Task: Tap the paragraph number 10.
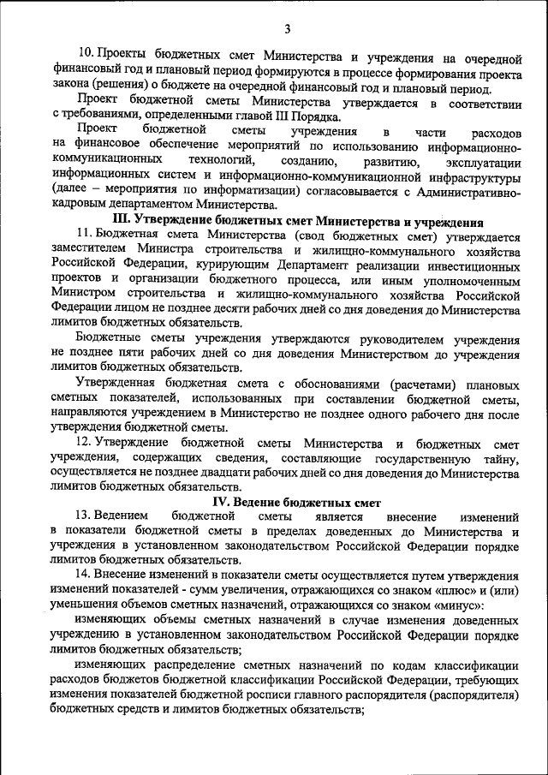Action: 85,59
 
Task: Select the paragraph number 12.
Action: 84,442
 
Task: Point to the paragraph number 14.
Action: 84,574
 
